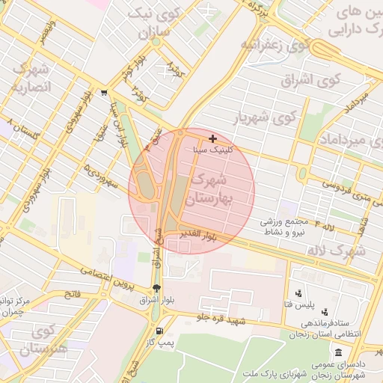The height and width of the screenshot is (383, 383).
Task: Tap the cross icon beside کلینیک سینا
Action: click(213, 138)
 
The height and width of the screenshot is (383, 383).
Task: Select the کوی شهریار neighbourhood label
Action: click(264, 117)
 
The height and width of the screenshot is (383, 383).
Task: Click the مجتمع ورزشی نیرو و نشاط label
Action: click(289, 227)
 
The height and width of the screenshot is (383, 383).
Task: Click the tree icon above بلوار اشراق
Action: click(156, 288)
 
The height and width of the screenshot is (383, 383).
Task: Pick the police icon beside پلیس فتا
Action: click(299, 293)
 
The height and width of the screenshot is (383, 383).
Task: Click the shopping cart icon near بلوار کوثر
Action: click(103, 94)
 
